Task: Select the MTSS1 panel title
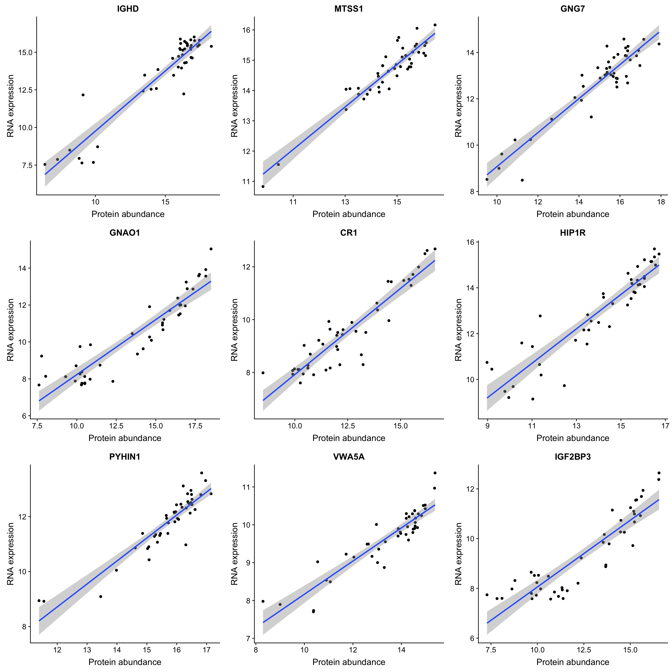click(349, 9)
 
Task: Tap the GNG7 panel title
click(573, 9)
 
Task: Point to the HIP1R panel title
click(573, 233)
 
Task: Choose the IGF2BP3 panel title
click(573, 457)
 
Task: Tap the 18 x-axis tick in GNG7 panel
click(661, 202)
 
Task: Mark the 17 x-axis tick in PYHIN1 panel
click(206, 650)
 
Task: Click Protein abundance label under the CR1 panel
click(349, 438)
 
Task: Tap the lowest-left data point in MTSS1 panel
click(263, 186)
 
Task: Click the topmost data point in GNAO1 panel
click(211, 249)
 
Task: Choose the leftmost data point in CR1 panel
click(263, 373)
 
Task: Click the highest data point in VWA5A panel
click(435, 473)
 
